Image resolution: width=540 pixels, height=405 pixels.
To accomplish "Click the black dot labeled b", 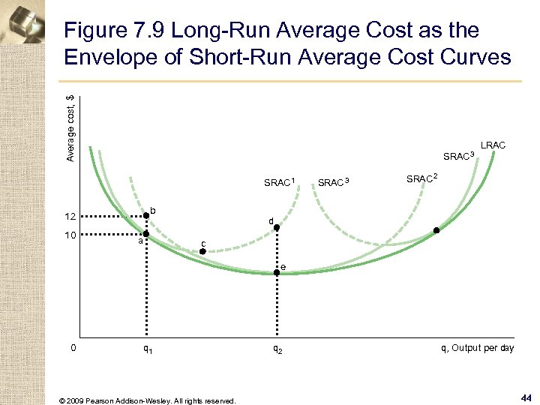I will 146,216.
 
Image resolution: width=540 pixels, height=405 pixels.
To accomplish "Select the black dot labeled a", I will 146,234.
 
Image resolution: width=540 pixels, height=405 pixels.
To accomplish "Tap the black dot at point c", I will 202,252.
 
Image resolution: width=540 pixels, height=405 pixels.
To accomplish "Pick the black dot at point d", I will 276,227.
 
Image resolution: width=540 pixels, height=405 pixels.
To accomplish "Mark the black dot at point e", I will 276,273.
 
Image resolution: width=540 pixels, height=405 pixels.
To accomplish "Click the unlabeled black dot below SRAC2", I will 436,231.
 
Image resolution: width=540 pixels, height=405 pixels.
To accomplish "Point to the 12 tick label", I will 71,217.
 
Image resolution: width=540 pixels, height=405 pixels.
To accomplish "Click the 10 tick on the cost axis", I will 71,235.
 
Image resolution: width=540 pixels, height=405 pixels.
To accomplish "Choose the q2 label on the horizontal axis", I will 276,349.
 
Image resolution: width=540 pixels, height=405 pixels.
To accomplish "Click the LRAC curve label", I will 493,144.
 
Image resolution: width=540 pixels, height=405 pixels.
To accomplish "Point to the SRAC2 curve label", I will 422,178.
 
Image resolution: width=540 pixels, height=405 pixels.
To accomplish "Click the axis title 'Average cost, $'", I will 70,127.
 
